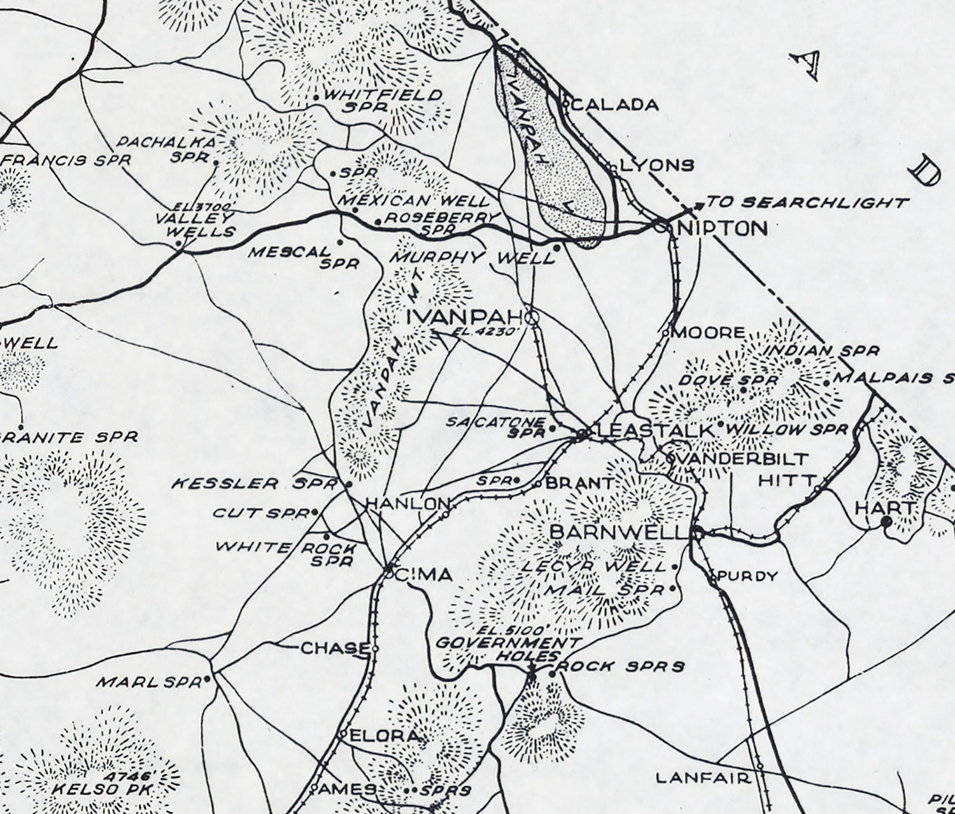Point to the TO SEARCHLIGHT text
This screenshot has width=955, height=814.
(807, 203)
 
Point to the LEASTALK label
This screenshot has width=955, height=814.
(654, 431)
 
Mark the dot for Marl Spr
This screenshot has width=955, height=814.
(207, 680)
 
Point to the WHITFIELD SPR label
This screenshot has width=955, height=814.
(382, 101)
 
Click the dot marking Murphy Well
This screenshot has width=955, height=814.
(556, 247)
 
